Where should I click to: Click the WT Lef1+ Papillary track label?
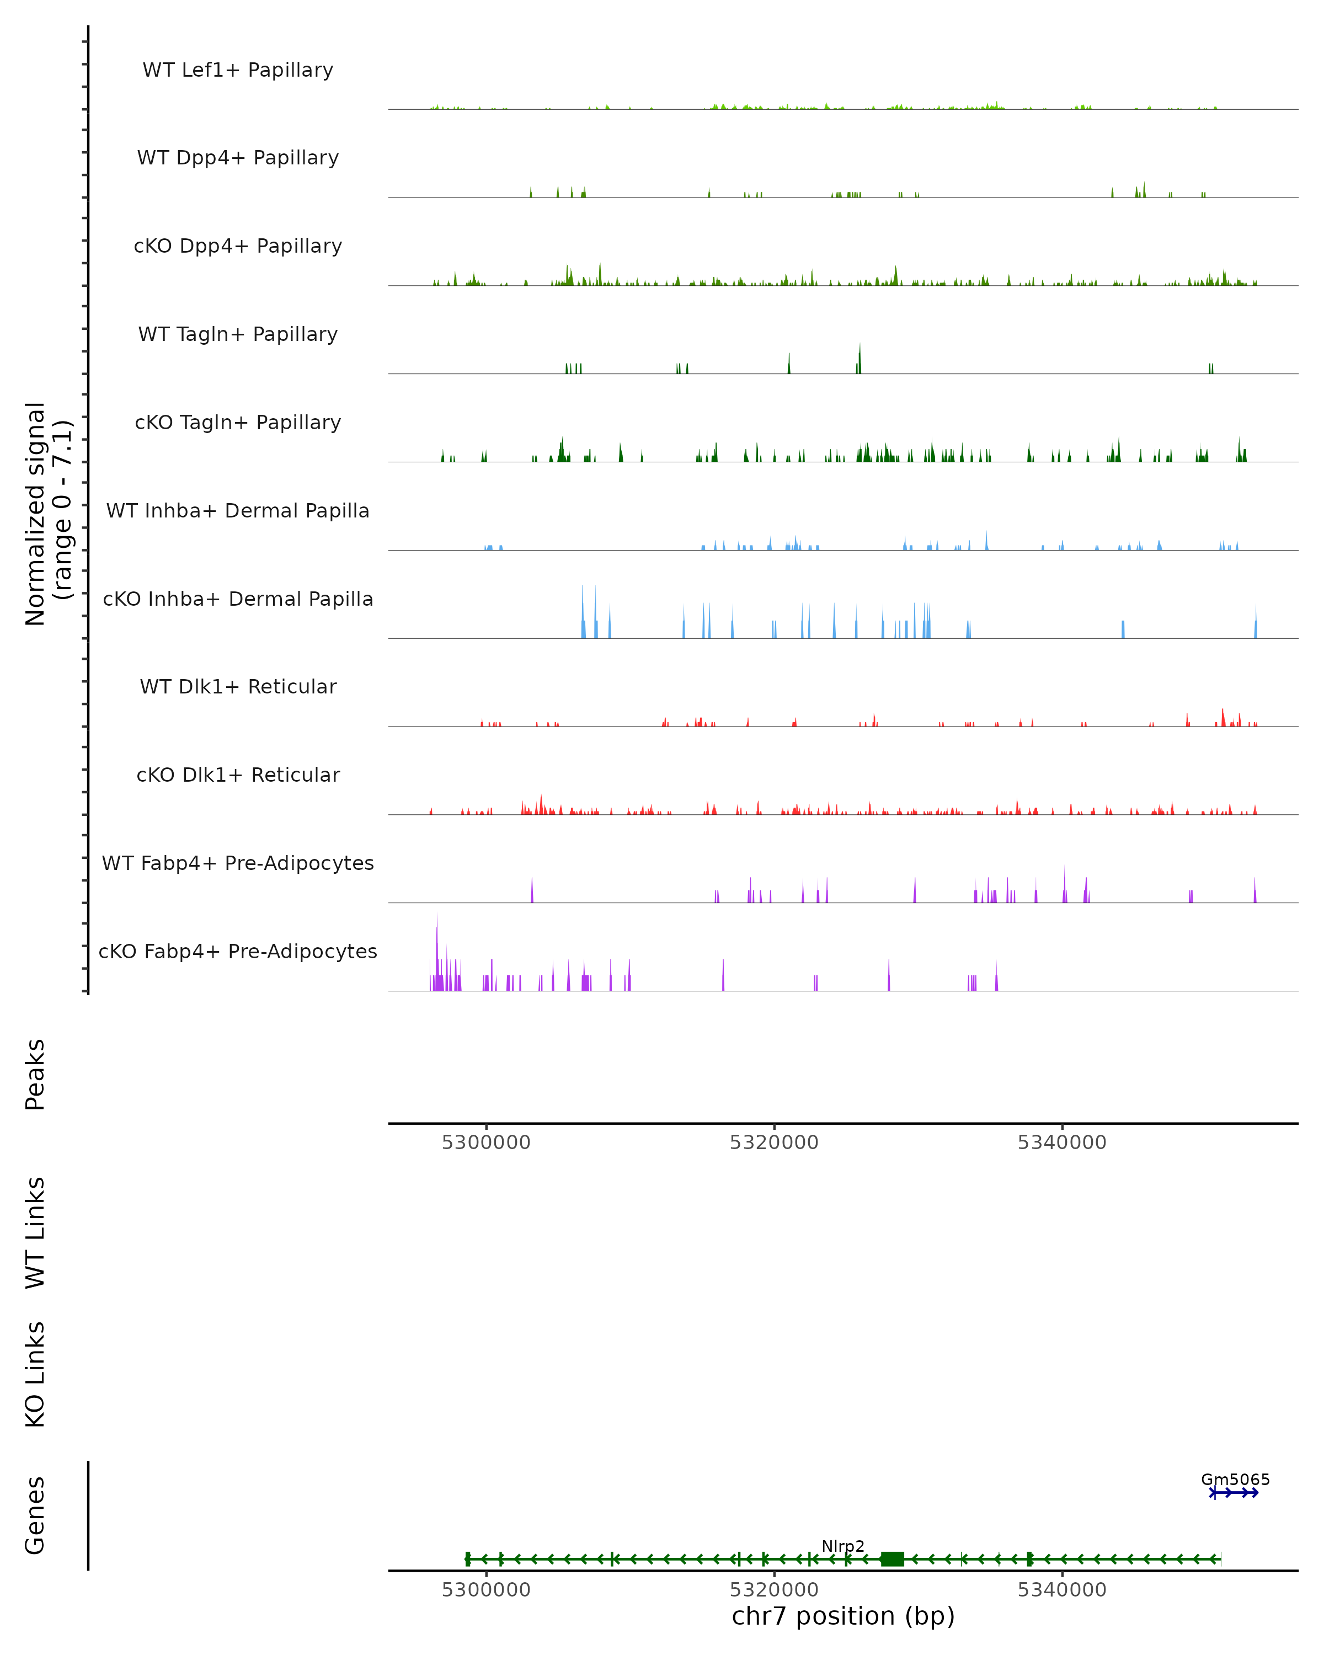pyautogui.click(x=238, y=70)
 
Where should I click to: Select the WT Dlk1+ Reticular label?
pyautogui.click(x=238, y=686)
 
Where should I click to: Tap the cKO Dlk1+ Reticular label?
pyautogui.click(x=238, y=775)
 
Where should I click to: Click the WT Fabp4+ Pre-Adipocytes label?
pyautogui.click(x=238, y=863)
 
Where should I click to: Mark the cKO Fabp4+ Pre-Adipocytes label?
pyautogui.click(x=238, y=951)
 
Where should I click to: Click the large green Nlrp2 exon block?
pyautogui.click(x=892, y=1558)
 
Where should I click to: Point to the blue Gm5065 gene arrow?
pyautogui.click(x=1234, y=1493)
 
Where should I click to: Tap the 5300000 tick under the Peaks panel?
pyautogui.click(x=486, y=1143)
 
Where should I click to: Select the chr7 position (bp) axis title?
pyautogui.click(x=843, y=1616)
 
